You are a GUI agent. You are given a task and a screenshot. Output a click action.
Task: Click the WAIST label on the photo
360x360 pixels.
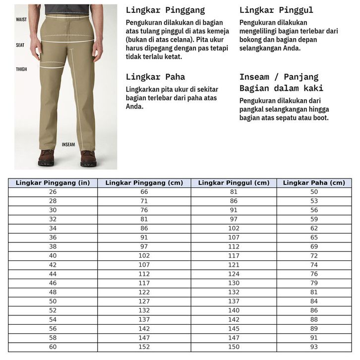click(21, 20)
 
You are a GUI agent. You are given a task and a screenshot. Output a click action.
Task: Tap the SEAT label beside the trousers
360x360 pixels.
click(20, 45)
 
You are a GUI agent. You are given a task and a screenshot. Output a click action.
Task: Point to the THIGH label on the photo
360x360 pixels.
click(21, 69)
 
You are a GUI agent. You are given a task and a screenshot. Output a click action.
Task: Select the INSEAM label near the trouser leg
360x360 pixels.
click(68, 145)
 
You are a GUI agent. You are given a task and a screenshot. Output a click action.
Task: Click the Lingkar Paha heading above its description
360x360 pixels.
click(155, 77)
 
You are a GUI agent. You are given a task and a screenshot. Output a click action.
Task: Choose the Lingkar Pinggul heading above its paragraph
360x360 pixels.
click(276, 10)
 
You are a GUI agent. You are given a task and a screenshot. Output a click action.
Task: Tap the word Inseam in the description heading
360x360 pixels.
click(254, 77)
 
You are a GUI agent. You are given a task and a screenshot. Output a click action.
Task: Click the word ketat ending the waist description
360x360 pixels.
click(173, 57)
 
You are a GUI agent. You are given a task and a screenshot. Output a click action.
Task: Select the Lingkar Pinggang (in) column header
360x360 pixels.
click(53, 183)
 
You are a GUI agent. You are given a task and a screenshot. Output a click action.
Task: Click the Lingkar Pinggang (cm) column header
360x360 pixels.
click(144, 183)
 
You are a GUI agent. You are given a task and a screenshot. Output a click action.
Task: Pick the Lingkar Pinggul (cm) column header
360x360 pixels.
click(234, 183)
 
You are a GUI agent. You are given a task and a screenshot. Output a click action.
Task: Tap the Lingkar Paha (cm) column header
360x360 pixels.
click(314, 183)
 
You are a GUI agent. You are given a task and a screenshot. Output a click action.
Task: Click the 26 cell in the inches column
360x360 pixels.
click(53, 192)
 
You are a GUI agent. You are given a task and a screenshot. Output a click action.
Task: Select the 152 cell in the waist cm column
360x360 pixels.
click(144, 347)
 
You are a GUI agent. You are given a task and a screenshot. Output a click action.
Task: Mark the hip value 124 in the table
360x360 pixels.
click(234, 274)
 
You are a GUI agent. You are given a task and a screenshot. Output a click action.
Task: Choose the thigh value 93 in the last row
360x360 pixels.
click(314, 347)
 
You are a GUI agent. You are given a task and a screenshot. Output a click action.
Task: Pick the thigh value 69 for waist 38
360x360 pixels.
click(314, 246)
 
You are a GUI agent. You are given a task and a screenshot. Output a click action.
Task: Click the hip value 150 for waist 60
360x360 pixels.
click(234, 347)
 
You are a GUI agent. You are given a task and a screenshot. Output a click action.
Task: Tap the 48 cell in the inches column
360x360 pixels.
click(53, 293)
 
